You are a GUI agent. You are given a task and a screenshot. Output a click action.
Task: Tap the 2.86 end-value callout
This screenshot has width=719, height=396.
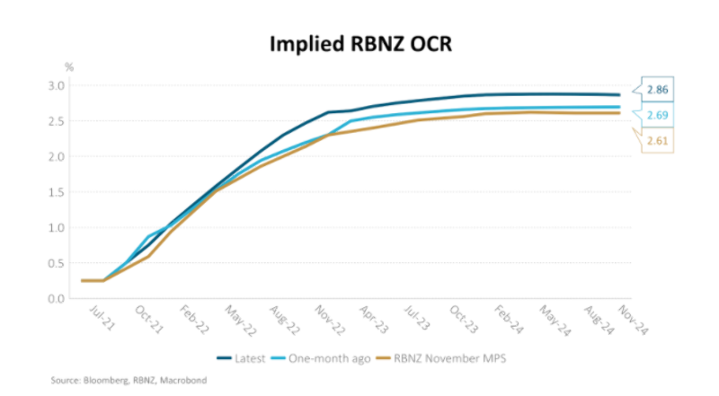[x=658, y=92]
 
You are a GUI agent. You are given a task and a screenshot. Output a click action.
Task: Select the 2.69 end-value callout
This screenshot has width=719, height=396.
[x=658, y=116]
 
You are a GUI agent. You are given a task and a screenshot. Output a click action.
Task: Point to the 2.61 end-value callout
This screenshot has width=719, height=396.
[x=658, y=141]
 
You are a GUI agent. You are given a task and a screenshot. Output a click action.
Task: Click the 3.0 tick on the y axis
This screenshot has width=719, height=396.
[x=57, y=85]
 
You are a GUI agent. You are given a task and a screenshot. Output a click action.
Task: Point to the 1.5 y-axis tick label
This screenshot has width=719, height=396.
[x=57, y=192]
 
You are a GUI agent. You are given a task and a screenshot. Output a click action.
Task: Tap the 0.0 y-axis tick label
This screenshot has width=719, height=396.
[x=57, y=298]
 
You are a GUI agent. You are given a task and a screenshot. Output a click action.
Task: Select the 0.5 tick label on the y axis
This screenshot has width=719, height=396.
[x=57, y=263]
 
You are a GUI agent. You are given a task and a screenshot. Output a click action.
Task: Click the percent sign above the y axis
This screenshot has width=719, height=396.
[x=68, y=67]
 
